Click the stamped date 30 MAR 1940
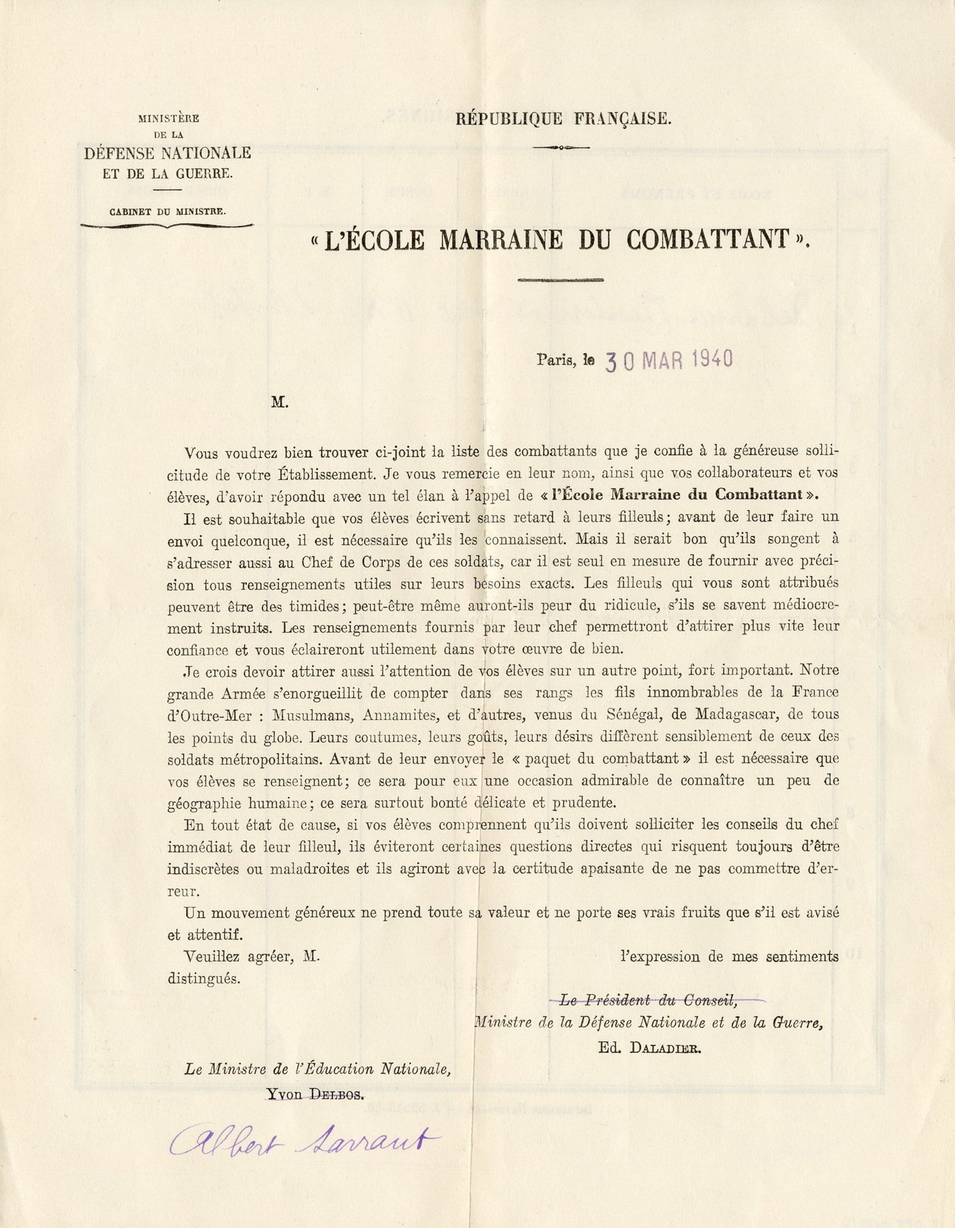(669, 360)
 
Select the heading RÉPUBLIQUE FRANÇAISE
(564, 119)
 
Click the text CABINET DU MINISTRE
(168, 212)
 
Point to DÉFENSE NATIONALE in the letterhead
(168, 153)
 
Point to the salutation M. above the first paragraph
(279, 403)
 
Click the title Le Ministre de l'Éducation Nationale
(319, 1069)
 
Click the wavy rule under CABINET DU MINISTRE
(167, 226)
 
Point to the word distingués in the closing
(204, 978)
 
